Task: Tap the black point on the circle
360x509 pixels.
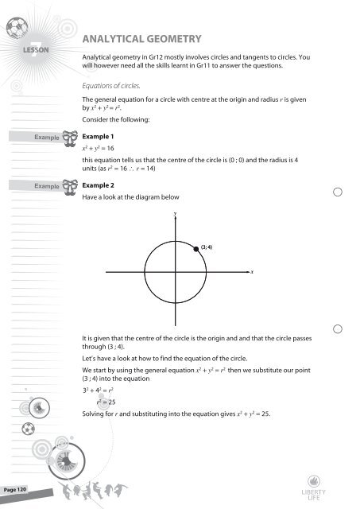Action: (x=196, y=250)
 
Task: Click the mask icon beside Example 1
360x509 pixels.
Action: (x=76, y=138)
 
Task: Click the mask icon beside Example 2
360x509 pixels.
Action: (x=76, y=185)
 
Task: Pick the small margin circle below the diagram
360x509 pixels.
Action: (x=339, y=329)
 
